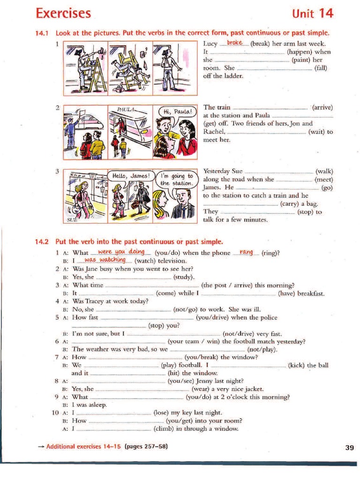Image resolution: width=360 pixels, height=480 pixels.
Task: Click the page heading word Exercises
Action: pos(63,13)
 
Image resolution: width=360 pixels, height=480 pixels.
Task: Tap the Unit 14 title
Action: pos(312,14)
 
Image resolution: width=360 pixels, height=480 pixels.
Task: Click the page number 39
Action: pos(349,448)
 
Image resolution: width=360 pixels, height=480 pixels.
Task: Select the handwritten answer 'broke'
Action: pos(234,43)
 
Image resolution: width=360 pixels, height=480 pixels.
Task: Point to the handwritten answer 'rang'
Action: pos(246,253)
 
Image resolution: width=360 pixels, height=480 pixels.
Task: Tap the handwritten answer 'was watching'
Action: pos(105,260)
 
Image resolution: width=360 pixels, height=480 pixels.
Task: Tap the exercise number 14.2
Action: pos(42,242)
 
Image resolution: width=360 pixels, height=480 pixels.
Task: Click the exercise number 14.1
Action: pos(42,33)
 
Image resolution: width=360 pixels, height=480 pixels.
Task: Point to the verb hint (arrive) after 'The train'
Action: pos(322,107)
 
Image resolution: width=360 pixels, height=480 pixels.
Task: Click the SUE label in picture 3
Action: pos(71,218)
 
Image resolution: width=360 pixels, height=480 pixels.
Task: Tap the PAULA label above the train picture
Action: pos(126,109)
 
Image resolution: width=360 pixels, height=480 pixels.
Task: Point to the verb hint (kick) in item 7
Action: pos(296,365)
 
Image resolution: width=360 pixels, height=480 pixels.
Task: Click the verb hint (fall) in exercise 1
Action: pos(321,68)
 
